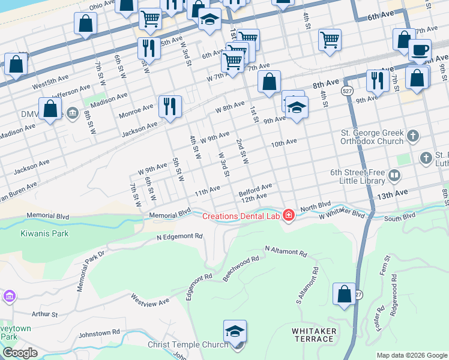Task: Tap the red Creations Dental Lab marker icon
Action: pyautogui.click(x=289, y=215)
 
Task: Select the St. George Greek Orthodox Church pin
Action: pyautogui.click(x=412, y=136)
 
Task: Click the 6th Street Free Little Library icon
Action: pyautogui.click(x=394, y=176)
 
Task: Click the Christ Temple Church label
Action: pyautogui.click(x=188, y=344)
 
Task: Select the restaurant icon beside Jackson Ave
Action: pyautogui.click(x=170, y=106)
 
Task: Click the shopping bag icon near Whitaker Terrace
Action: pyautogui.click(x=345, y=294)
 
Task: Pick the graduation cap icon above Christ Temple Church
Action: pyautogui.click(x=235, y=331)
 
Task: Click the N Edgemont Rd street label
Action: pyautogui.click(x=179, y=237)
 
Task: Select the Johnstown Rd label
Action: pyautogui.click(x=99, y=332)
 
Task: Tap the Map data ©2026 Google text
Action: pyautogui.click(x=411, y=355)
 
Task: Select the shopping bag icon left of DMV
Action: pyautogui.click(x=50, y=109)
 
